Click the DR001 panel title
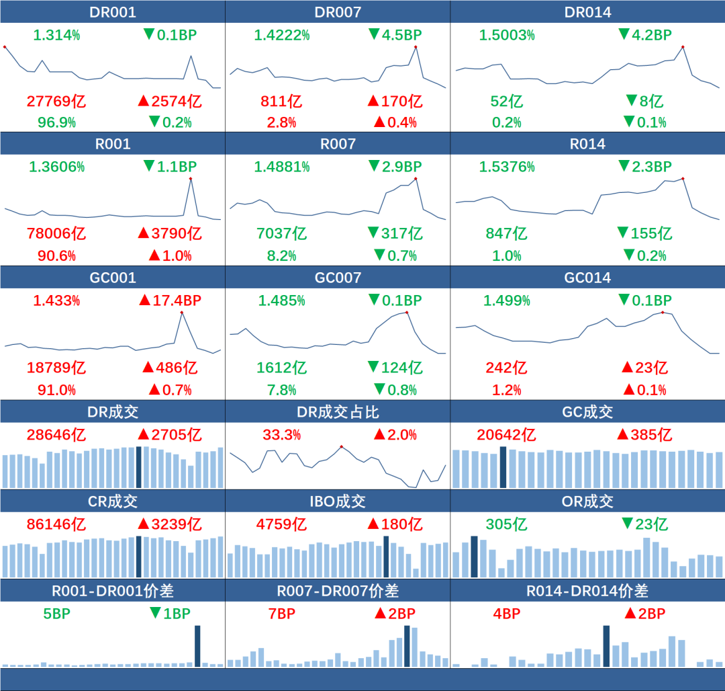point(113,12)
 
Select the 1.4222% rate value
point(281,35)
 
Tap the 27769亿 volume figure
point(56,101)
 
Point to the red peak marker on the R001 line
point(191,178)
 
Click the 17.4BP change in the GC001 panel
point(171,300)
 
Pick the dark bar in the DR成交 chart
point(139,466)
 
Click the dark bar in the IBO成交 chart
point(386,557)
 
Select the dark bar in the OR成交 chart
point(474,557)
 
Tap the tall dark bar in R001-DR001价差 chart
point(197,645)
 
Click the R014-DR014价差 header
point(587,591)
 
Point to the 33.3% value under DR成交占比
point(281,435)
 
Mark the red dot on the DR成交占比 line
point(342,446)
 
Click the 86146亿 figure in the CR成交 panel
point(56,524)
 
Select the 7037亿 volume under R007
point(281,234)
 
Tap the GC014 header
point(587,278)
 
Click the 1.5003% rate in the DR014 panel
point(507,35)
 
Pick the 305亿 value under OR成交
point(507,524)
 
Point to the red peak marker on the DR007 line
point(416,46)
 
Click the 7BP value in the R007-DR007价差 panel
point(281,614)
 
